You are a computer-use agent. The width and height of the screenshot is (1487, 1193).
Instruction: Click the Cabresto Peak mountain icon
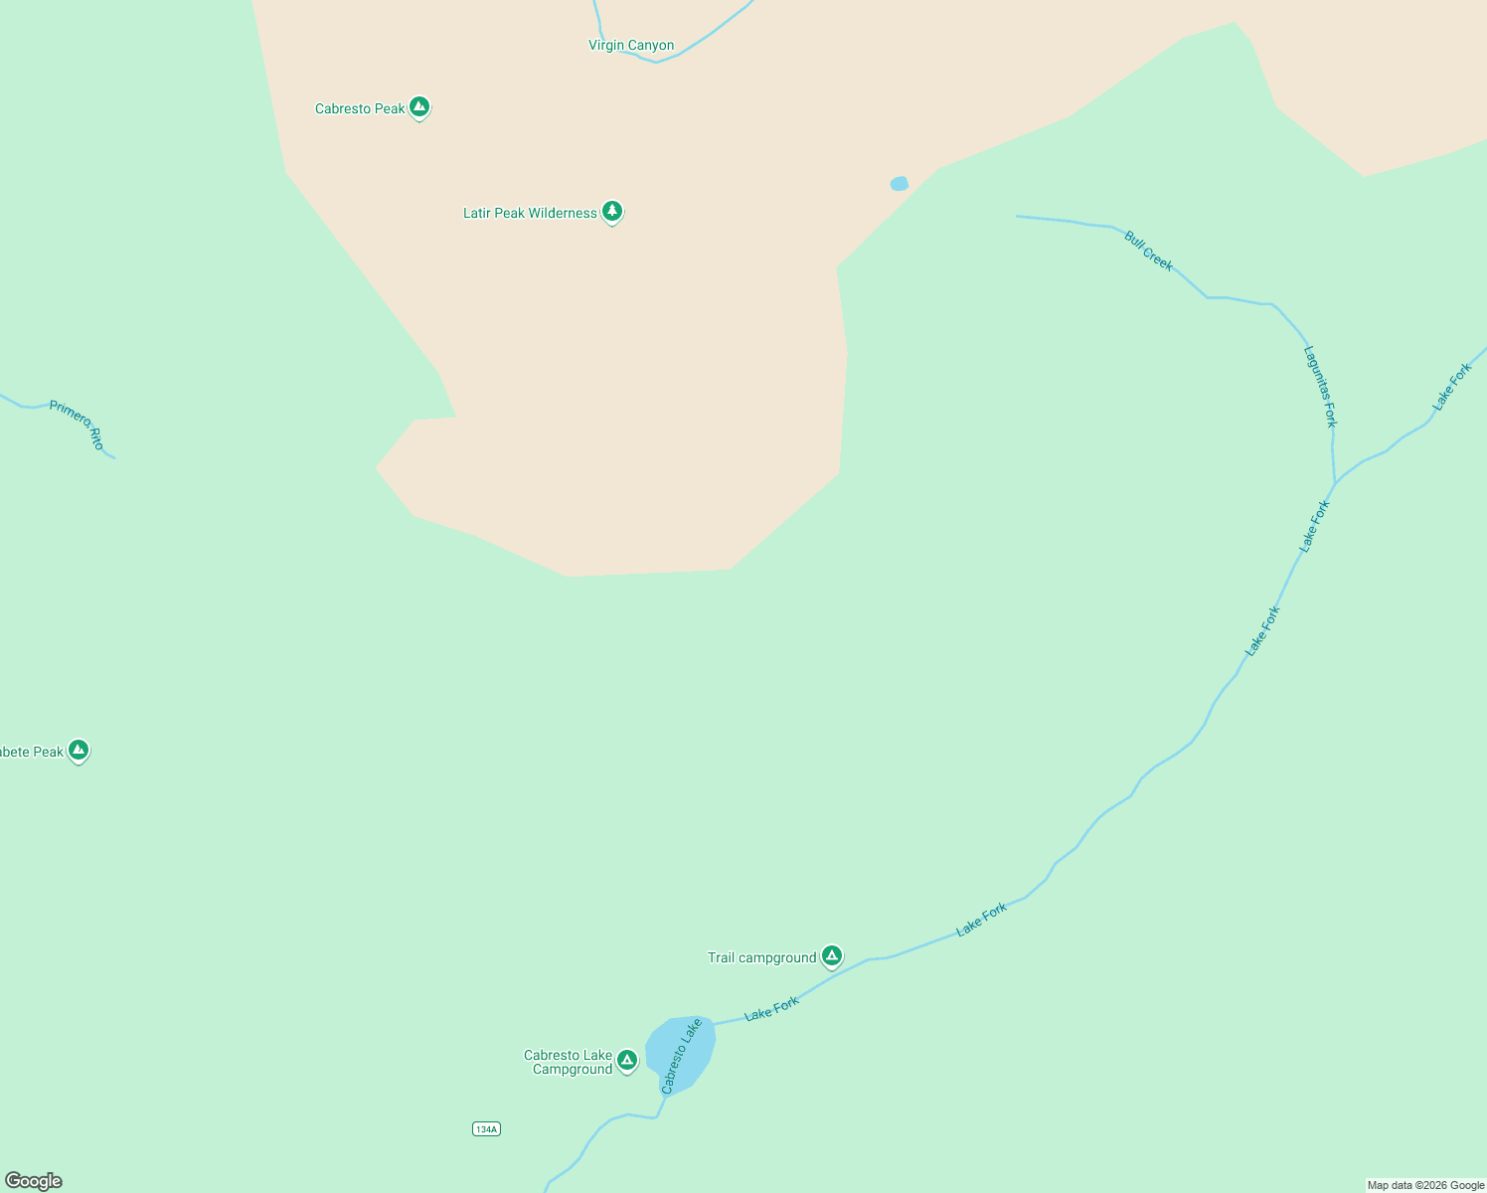pyautogui.click(x=419, y=106)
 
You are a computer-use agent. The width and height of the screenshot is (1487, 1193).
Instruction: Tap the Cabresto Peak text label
pyautogui.click(x=360, y=109)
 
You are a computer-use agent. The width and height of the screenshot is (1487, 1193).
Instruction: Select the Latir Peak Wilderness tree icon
pyautogui.click(x=612, y=211)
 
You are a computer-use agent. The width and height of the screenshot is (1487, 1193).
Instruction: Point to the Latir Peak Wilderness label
pyautogui.click(x=530, y=214)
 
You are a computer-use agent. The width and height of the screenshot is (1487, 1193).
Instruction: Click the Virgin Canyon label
pyautogui.click(x=631, y=46)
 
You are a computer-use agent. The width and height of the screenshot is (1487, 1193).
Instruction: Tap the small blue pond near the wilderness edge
pyautogui.click(x=900, y=184)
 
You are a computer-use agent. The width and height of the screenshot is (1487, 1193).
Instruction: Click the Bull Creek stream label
pyautogui.click(x=1149, y=251)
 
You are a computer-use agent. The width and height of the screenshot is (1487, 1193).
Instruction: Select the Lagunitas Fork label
pyautogui.click(x=1321, y=386)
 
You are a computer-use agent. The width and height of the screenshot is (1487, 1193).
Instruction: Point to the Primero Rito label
pyautogui.click(x=77, y=425)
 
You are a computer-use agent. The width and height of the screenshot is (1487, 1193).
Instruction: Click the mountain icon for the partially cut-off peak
pyautogui.click(x=79, y=750)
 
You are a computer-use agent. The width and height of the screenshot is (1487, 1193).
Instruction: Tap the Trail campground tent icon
pyautogui.click(x=832, y=955)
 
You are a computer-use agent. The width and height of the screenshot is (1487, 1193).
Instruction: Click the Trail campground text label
pyautogui.click(x=761, y=958)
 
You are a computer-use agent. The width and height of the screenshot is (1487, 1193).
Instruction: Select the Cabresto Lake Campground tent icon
pyautogui.click(x=626, y=1060)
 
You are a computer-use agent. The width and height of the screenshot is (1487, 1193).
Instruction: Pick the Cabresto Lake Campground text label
pyautogui.click(x=569, y=1063)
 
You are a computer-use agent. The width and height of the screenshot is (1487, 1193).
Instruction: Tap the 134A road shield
pyautogui.click(x=486, y=1128)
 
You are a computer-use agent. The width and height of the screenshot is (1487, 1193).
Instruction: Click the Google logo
pyautogui.click(x=34, y=1181)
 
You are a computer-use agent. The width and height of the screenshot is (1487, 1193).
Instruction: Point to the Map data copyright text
pyautogui.click(x=1425, y=1185)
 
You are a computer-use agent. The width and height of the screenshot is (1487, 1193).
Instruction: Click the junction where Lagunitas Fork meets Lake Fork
pyautogui.click(x=1334, y=483)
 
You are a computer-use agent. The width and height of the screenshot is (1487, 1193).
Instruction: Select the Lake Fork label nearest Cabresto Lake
pyautogui.click(x=771, y=1009)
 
